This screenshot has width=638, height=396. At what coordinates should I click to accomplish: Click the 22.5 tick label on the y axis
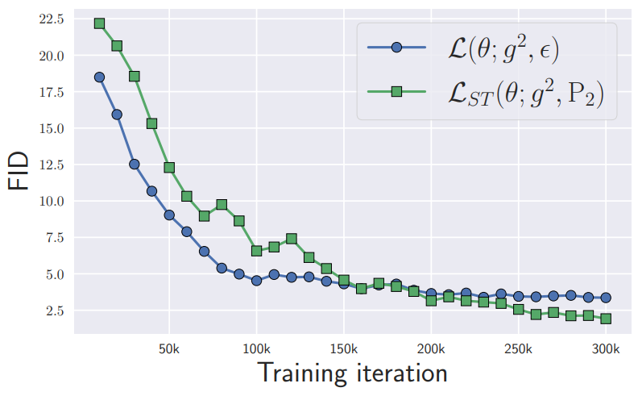coord(52,19)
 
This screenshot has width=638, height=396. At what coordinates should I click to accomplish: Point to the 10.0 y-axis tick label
coord(52,202)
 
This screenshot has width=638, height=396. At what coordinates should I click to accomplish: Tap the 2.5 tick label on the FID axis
coord(55,311)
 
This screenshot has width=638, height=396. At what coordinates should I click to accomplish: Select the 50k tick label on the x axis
coord(169,349)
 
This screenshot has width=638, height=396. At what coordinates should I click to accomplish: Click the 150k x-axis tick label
coord(344,349)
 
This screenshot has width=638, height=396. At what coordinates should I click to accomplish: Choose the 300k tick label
coord(606,349)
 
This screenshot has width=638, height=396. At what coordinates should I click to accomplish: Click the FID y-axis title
coord(19,171)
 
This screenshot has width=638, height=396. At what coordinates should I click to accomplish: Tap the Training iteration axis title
coord(353,373)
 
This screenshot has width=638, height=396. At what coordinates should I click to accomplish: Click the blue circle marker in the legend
coord(396,48)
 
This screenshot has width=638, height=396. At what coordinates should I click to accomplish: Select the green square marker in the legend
coord(396,92)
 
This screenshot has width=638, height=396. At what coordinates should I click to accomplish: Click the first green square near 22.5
coord(99,23)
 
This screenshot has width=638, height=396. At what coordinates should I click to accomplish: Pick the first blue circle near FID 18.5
coord(99,77)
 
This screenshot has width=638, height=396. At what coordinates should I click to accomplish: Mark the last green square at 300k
coord(606,319)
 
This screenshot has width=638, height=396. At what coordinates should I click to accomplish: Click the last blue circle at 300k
coord(606,298)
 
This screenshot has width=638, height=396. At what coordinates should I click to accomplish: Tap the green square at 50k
coord(169,168)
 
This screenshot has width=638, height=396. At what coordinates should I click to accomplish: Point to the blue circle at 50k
coord(169,215)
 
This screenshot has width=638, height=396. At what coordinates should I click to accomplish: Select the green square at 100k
coord(257,251)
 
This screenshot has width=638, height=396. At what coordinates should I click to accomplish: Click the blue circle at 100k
coord(257,281)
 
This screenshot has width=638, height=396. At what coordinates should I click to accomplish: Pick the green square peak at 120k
coord(292,239)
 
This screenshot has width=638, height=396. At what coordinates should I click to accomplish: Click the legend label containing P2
coord(526,94)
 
